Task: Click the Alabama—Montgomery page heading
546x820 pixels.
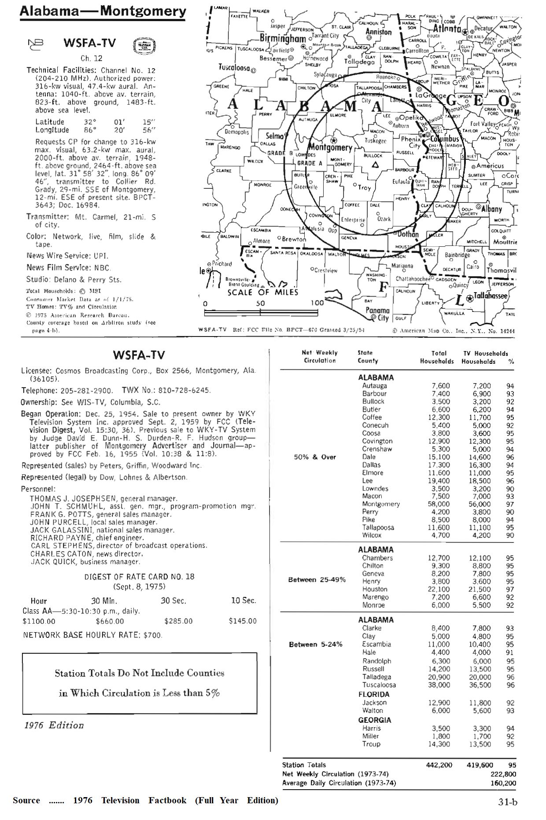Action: (x=103, y=11)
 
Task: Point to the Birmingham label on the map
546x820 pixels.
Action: (x=283, y=38)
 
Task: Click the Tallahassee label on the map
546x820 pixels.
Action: (x=491, y=296)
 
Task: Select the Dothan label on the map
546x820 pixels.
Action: (x=408, y=234)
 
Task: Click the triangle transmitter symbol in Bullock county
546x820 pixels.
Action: (x=375, y=165)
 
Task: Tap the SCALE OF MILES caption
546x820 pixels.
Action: (x=263, y=292)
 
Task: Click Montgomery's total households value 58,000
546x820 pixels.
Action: (x=439, y=504)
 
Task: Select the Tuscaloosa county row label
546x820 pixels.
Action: (x=379, y=685)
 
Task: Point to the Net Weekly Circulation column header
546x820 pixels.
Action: (x=320, y=357)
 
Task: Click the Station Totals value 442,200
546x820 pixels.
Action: (x=439, y=765)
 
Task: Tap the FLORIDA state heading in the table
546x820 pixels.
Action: (x=373, y=695)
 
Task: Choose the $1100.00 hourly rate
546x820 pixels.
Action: (x=39, y=621)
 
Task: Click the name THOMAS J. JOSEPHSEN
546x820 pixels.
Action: (x=73, y=498)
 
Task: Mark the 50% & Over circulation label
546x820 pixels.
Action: (x=315, y=457)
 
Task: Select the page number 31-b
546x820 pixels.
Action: (x=508, y=802)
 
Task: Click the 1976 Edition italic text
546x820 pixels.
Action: (x=54, y=725)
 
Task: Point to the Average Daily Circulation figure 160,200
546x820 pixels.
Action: (x=503, y=783)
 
